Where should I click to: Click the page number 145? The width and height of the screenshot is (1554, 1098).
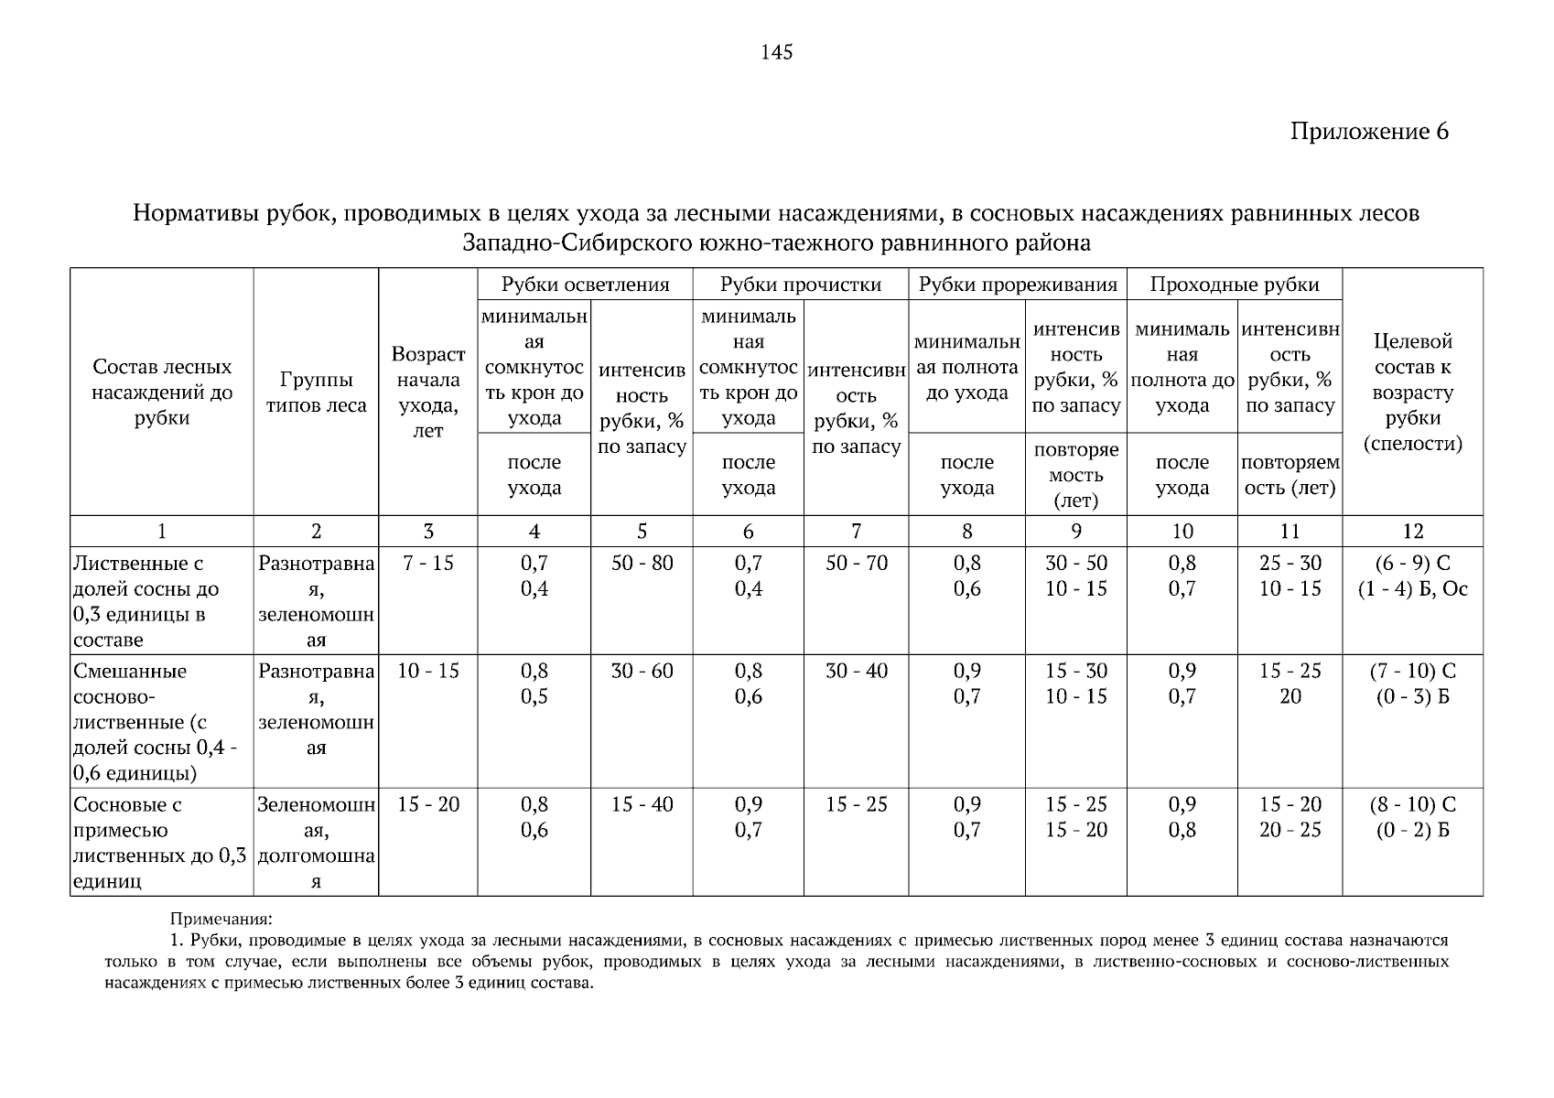[x=776, y=52]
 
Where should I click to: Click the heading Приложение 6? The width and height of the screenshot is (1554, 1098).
[x=1369, y=132]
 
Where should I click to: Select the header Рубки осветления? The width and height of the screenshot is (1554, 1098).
[x=585, y=285]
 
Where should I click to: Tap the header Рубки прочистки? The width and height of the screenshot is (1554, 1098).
[x=800, y=285]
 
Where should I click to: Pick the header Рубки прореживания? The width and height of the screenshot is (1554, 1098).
[x=1017, y=285]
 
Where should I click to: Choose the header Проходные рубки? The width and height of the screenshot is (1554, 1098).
[x=1234, y=285]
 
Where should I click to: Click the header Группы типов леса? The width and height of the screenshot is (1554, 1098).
[x=316, y=393]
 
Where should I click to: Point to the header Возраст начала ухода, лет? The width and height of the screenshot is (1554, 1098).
[x=427, y=393]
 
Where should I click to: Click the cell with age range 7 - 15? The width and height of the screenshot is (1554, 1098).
[x=427, y=564]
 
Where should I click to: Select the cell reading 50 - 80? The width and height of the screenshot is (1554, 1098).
[x=642, y=564]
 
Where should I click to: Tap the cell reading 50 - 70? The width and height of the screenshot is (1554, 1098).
[x=857, y=564]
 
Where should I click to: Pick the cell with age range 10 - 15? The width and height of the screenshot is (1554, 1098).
[x=427, y=672]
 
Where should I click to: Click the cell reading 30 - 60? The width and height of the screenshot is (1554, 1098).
[x=642, y=672]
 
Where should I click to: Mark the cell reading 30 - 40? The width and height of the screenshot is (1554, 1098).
[x=857, y=672]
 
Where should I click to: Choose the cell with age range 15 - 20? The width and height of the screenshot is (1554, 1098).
[x=427, y=805]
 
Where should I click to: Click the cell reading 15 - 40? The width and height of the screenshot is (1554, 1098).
[x=642, y=805]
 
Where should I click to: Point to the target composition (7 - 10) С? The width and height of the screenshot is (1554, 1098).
[x=1412, y=672]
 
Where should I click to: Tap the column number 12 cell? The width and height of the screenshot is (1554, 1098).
[x=1412, y=532]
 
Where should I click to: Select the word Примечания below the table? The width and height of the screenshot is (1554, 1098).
[x=221, y=918]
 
